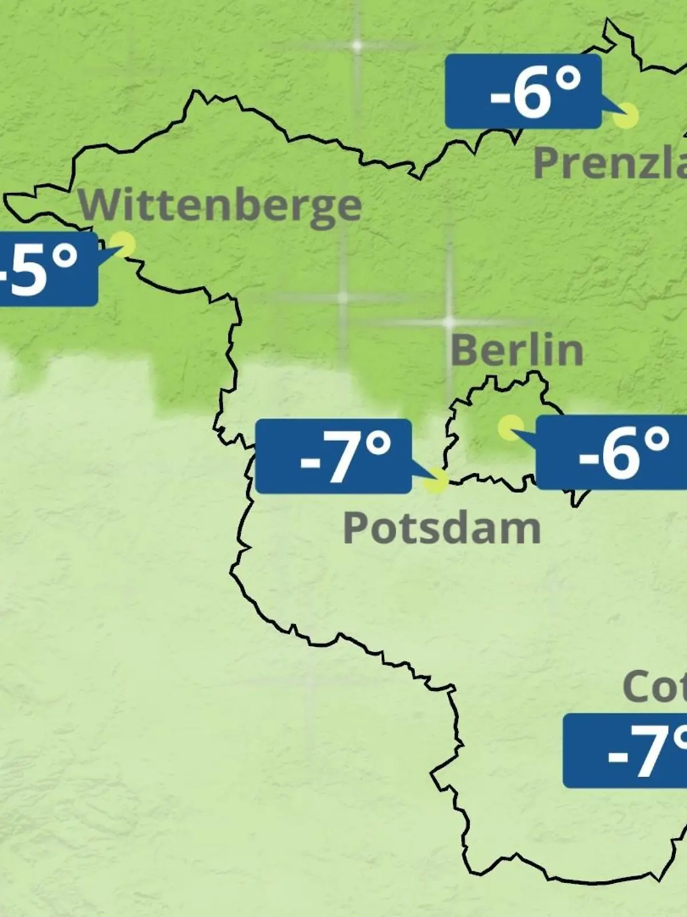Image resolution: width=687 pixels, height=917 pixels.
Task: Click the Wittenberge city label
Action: (x=220, y=206)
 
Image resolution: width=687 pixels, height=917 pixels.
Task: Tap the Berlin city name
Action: (x=516, y=350)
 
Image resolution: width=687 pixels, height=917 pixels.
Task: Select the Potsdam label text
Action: (x=441, y=528)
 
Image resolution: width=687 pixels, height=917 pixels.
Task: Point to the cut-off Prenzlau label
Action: (x=610, y=162)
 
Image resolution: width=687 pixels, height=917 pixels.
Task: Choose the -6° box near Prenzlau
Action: (x=523, y=92)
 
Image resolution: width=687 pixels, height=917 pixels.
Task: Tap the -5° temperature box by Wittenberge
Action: (x=46, y=268)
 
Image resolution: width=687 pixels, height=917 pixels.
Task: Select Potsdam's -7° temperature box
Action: (x=333, y=456)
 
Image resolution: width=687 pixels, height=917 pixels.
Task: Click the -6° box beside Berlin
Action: (x=611, y=453)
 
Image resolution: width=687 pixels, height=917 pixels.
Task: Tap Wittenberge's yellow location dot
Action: (x=123, y=244)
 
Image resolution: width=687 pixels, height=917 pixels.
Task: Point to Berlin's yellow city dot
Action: (x=510, y=428)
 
